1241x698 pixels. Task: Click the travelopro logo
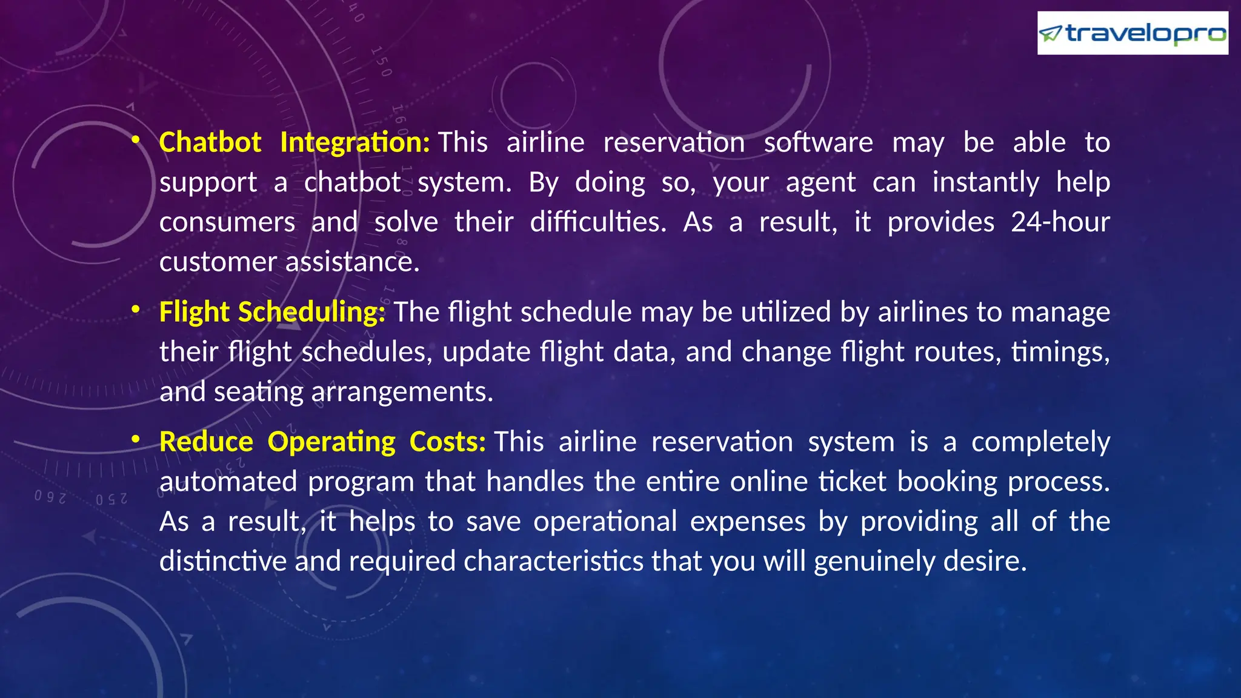click(x=1132, y=33)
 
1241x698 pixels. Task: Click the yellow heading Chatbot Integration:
click(x=294, y=142)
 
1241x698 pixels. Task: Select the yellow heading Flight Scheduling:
click(x=272, y=312)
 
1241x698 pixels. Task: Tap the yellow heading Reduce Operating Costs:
click(x=322, y=442)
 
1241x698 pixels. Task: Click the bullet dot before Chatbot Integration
click(x=136, y=141)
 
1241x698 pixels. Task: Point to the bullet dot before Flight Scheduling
click(x=136, y=310)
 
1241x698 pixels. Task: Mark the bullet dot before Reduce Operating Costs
click(x=136, y=440)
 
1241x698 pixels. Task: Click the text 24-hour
click(x=1060, y=222)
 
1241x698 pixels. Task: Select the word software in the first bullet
click(x=818, y=142)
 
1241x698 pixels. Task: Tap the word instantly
click(x=985, y=182)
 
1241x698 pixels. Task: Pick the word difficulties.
click(x=597, y=222)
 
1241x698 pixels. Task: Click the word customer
click(x=218, y=262)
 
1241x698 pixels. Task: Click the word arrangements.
click(x=402, y=392)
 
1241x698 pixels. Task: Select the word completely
click(x=1040, y=442)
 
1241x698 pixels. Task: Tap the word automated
click(x=228, y=482)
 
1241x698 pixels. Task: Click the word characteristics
click(x=553, y=562)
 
